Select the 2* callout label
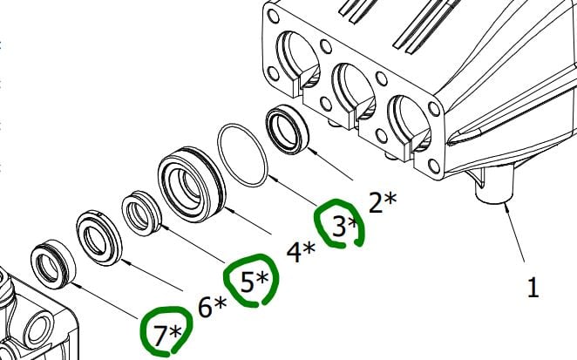point(383,202)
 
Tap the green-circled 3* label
point(345,227)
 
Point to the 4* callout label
point(301,253)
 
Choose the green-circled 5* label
point(255,281)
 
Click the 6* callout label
point(212,307)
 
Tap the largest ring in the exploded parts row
point(189,183)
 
